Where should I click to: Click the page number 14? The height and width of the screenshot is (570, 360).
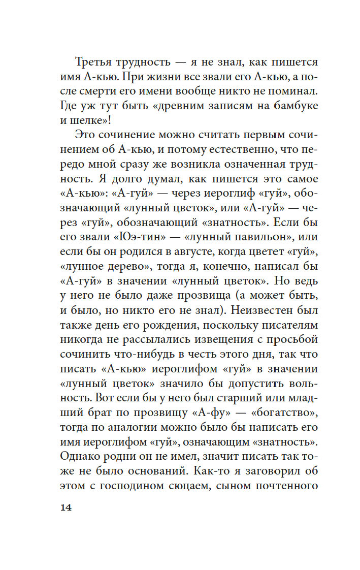click(x=66, y=508)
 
